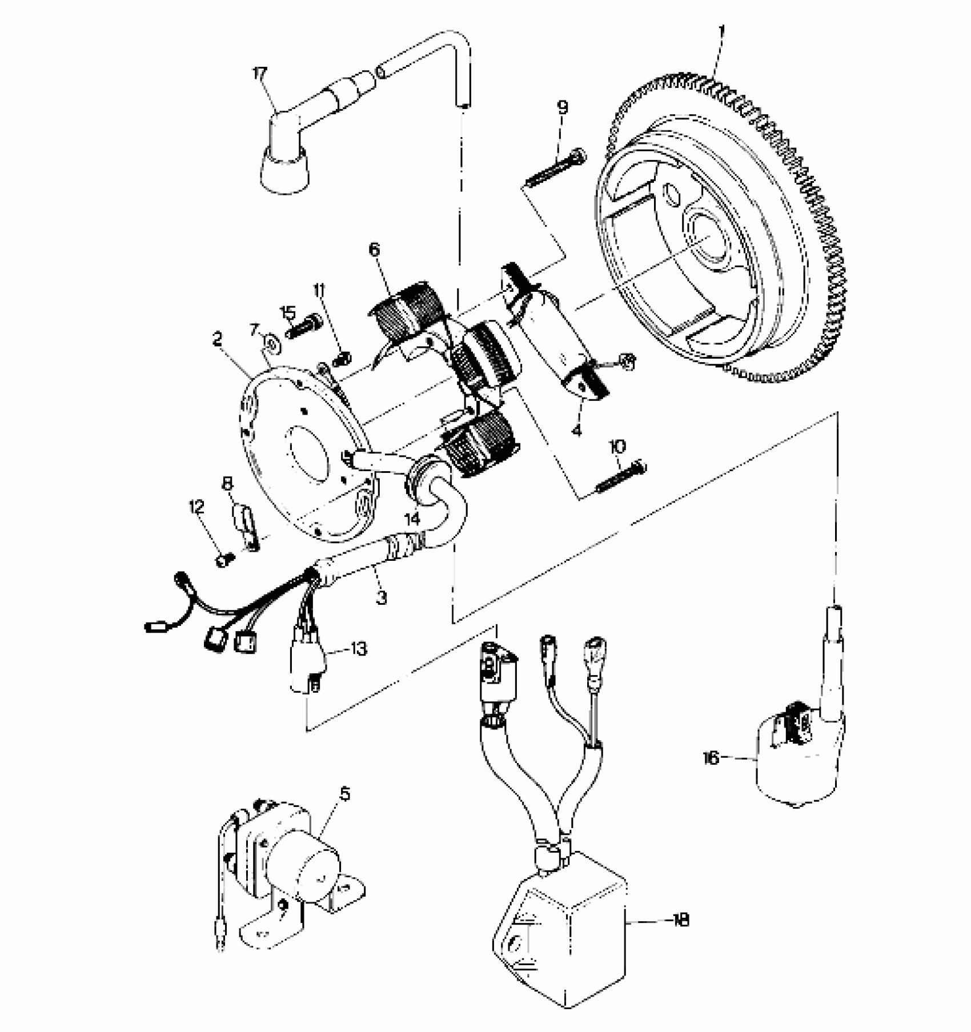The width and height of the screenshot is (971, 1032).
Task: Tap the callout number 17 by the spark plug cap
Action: point(260,74)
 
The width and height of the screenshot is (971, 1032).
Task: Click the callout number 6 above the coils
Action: point(374,250)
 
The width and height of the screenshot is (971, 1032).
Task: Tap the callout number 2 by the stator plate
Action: point(217,339)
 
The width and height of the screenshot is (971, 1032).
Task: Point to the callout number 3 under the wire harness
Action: point(381,598)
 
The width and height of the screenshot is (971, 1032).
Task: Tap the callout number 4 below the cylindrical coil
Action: point(576,430)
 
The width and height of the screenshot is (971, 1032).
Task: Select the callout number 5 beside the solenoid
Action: point(344,794)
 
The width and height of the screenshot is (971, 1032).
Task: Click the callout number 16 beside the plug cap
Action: point(711,759)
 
